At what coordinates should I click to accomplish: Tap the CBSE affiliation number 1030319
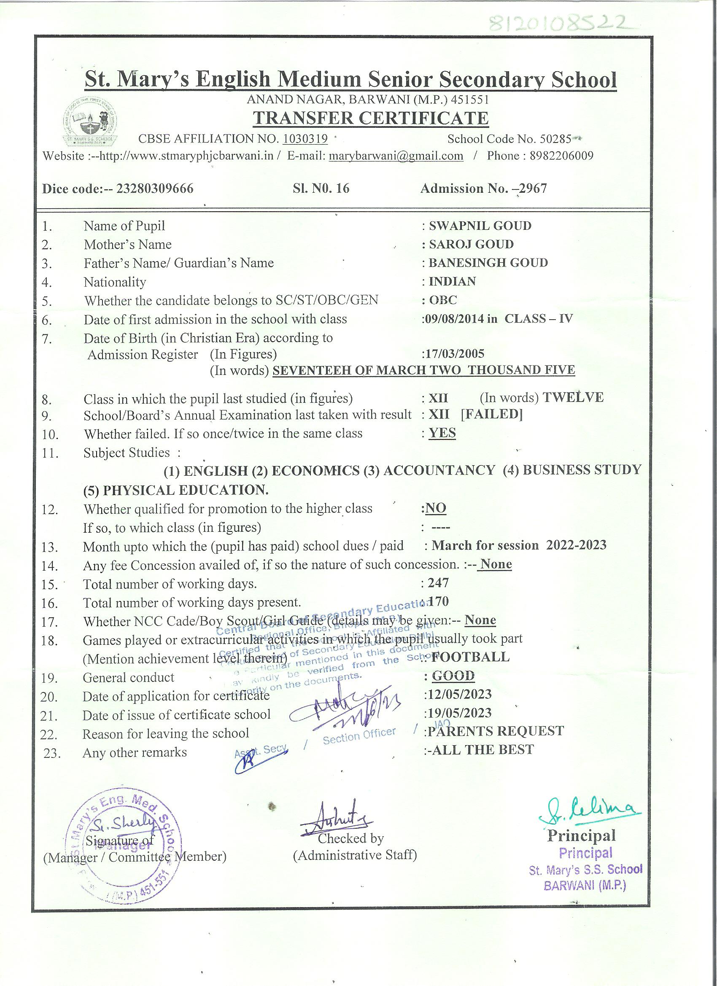click(x=305, y=139)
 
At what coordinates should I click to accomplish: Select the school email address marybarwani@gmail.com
click(x=396, y=156)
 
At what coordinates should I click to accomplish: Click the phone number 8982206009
click(x=561, y=156)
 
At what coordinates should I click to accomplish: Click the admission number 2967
click(x=532, y=188)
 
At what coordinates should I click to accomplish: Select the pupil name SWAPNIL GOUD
click(x=480, y=226)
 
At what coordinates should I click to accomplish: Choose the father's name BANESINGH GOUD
click(x=488, y=263)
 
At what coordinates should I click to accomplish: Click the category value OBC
click(x=443, y=300)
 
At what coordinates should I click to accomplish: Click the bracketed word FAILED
click(x=491, y=414)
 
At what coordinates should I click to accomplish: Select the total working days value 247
click(x=438, y=582)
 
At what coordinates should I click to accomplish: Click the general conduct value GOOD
click(x=453, y=676)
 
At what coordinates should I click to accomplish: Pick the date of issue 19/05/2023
click(x=459, y=713)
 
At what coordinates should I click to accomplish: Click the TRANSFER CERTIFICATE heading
click(x=371, y=118)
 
